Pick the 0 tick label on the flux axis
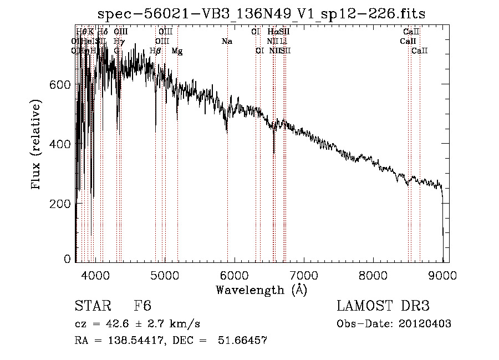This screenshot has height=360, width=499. coord(67,259)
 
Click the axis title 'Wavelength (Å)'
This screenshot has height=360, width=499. coord(261,290)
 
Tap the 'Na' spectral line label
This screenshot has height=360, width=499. coord(226,41)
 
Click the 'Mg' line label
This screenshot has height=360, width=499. coord(177,51)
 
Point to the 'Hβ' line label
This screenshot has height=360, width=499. coord(155,51)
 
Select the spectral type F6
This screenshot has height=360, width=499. coord(142,306)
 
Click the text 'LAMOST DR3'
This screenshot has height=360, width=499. coord(383,306)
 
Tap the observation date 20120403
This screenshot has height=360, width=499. coord(425,324)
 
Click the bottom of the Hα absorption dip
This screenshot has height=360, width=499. coord(274,153)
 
